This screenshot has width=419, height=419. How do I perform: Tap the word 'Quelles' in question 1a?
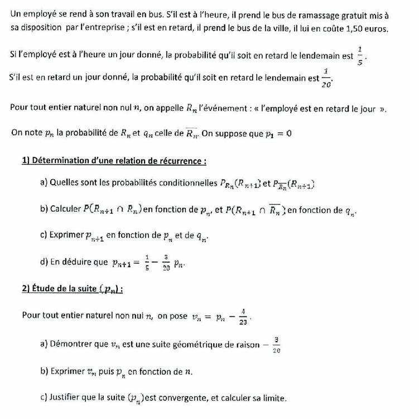[x=64, y=182]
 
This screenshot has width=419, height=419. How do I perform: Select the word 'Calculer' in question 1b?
[x=66, y=209]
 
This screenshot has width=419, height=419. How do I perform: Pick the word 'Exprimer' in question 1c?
[x=66, y=235]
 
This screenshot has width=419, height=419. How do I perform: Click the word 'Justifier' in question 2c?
[x=65, y=398]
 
